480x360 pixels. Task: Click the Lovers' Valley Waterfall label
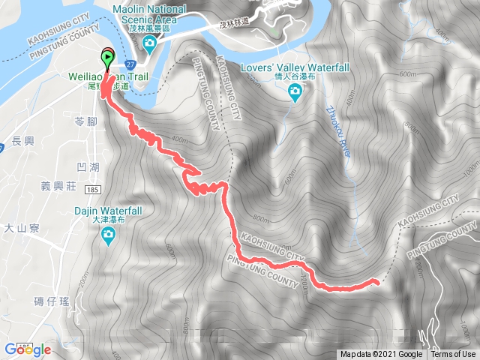(295, 67)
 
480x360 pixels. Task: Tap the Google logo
(27, 349)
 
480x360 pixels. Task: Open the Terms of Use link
(453, 355)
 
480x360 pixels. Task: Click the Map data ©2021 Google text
(382, 355)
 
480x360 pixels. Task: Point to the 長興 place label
(24, 140)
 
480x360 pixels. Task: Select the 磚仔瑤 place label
(52, 301)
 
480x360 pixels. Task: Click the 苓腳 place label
(87, 121)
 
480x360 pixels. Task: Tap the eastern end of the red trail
(375, 281)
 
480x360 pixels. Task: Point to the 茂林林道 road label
(234, 24)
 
